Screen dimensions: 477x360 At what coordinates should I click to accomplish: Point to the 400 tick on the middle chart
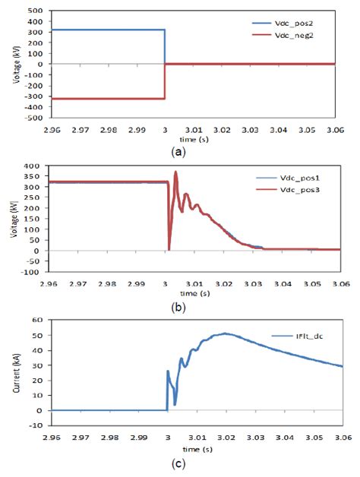click(x=33, y=166)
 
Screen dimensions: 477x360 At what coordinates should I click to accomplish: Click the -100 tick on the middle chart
click(x=31, y=271)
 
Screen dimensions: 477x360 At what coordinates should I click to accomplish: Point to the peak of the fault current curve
click(x=224, y=333)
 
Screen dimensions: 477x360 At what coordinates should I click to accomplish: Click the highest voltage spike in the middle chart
click(x=175, y=172)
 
